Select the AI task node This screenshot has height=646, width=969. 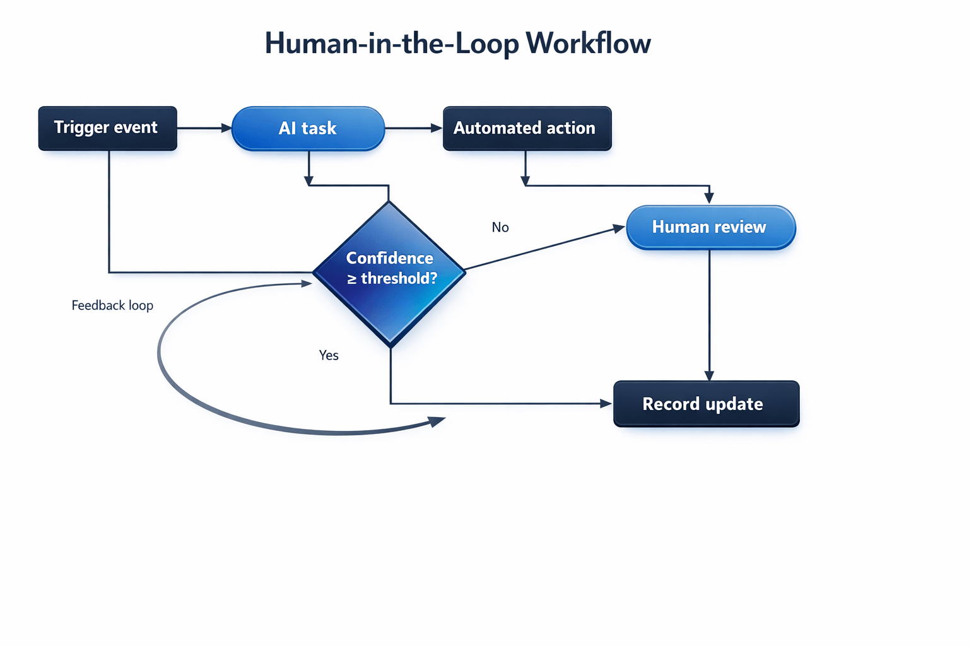coord(308,128)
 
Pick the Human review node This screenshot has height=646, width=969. coord(710,227)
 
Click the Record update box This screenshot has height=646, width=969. coord(706,404)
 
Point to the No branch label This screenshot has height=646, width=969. coord(500,227)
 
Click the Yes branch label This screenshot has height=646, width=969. coord(329,355)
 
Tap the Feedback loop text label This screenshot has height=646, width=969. coord(112,305)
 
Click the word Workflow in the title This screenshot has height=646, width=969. coord(588,44)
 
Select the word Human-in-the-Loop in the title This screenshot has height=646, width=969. coord(391,44)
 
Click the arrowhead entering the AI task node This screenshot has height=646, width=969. coord(226,128)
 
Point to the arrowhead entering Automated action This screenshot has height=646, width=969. coord(437,128)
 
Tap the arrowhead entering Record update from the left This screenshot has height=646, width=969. coord(606,404)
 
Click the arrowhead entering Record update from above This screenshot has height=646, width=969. coord(710,375)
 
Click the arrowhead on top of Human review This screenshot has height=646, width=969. coord(710,198)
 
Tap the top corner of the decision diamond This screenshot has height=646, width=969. coord(389,203)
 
